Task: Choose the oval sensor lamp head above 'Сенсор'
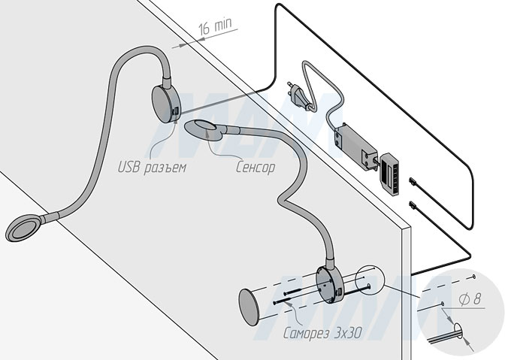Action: pyautogui.click(x=204, y=130)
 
